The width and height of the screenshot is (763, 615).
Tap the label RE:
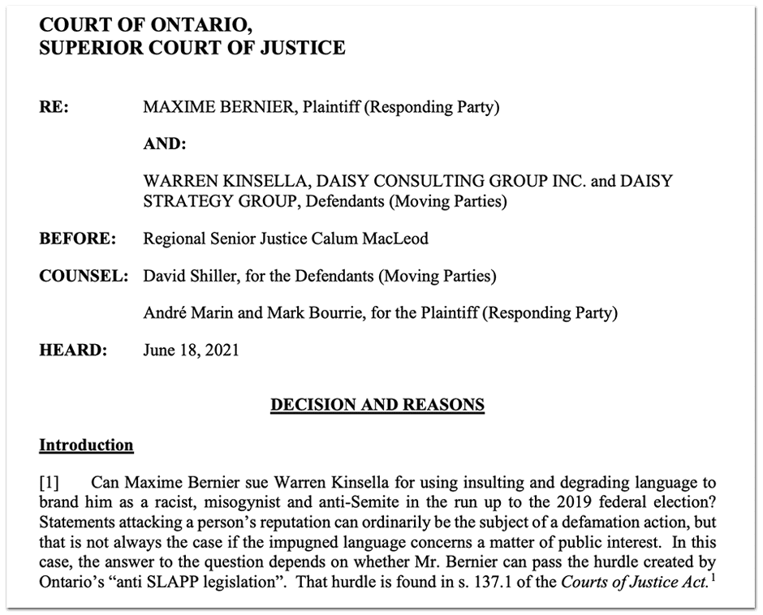pyautogui.click(x=54, y=107)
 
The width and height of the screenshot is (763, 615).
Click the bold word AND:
pyautogui.click(x=165, y=144)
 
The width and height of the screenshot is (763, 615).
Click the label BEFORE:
pyautogui.click(x=78, y=239)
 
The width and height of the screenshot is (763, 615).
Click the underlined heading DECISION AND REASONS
pyautogui.click(x=377, y=403)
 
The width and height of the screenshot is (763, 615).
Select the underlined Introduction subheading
pyautogui.click(x=86, y=445)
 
